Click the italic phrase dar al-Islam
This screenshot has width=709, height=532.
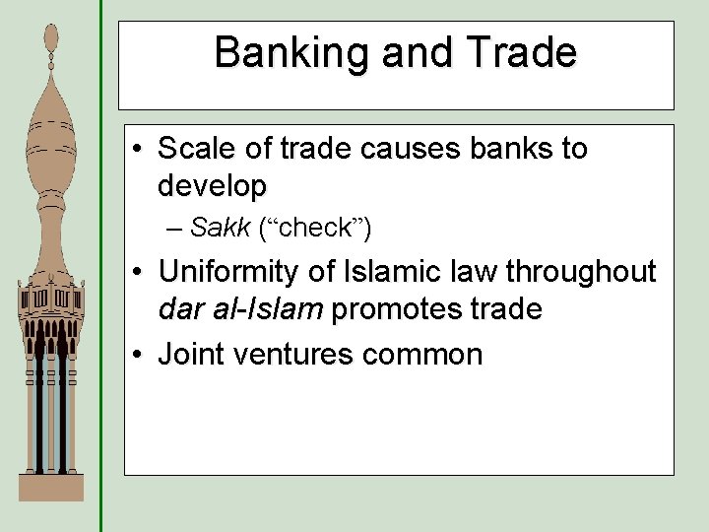point(240,308)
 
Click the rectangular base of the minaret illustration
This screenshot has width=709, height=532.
point(51,487)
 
